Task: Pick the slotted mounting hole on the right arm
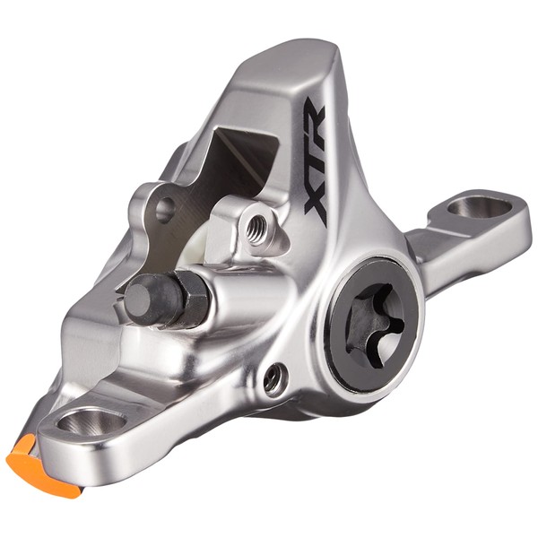[x=480, y=207]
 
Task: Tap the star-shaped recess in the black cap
[x=375, y=325]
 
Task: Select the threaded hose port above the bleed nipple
[x=256, y=227]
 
